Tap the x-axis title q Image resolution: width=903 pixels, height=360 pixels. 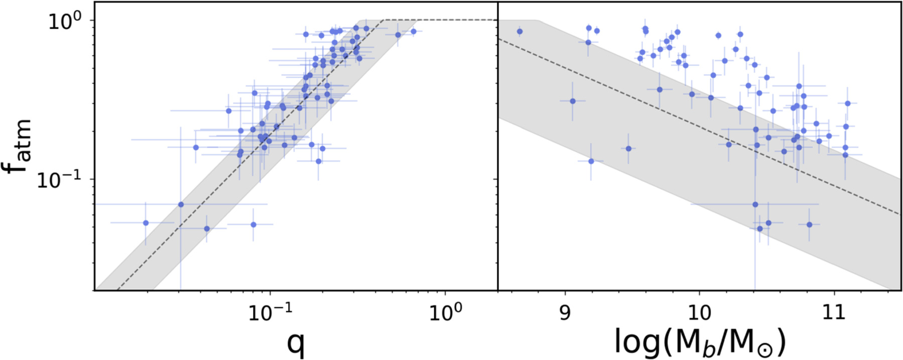(296, 343)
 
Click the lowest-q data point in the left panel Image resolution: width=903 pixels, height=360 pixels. (146, 223)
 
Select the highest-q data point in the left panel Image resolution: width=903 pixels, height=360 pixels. (414, 31)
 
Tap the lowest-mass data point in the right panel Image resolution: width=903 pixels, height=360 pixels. (520, 31)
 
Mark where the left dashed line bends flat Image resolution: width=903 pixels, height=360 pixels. (383, 20)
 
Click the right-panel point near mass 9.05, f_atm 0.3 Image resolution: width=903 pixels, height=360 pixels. (572, 101)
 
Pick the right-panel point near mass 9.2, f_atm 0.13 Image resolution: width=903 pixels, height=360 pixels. (591, 161)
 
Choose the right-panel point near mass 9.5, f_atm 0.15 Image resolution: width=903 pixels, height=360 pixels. (628, 149)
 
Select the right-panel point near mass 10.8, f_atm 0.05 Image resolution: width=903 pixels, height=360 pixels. (809, 224)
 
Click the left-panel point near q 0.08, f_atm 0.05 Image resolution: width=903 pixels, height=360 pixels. (253, 224)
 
